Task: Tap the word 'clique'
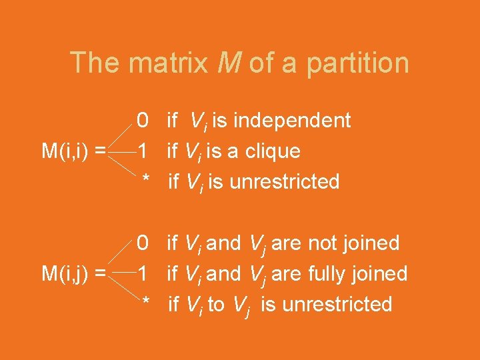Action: click(x=274, y=152)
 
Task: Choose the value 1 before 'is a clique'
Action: click(x=143, y=151)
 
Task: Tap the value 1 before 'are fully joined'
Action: click(x=143, y=274)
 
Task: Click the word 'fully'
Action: click(x=322, y=274)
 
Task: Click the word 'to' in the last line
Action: click(x=216, y=305)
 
